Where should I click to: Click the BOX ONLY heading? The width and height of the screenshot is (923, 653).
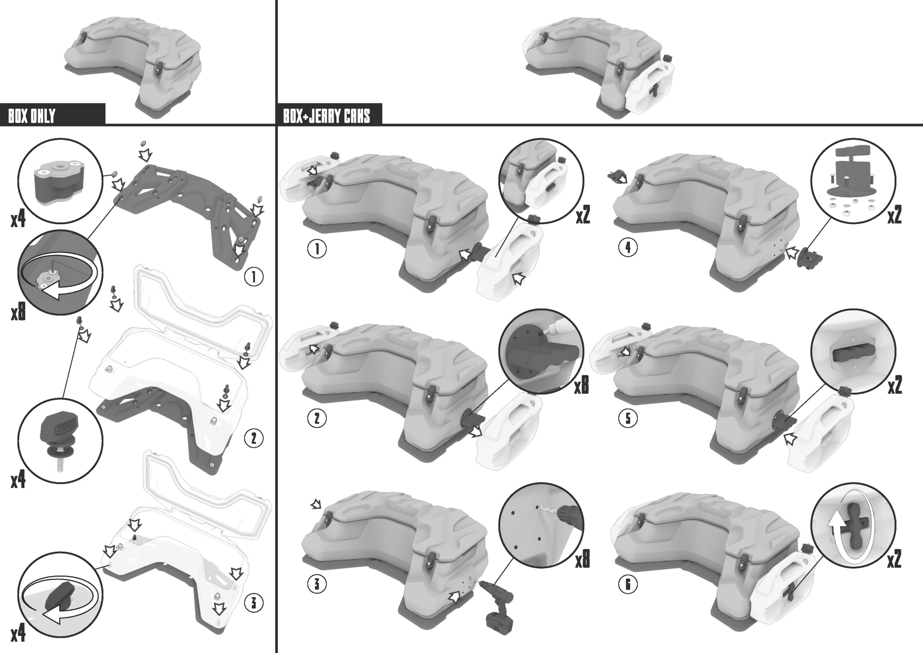[31, 116]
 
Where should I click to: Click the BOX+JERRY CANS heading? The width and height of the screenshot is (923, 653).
[326, 116]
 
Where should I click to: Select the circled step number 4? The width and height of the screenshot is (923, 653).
[628, 247]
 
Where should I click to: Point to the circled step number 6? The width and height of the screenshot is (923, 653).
[628, 584]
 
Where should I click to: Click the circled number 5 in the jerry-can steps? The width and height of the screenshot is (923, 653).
[628, 418]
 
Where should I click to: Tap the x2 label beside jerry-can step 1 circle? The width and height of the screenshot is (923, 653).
[583, 215]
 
